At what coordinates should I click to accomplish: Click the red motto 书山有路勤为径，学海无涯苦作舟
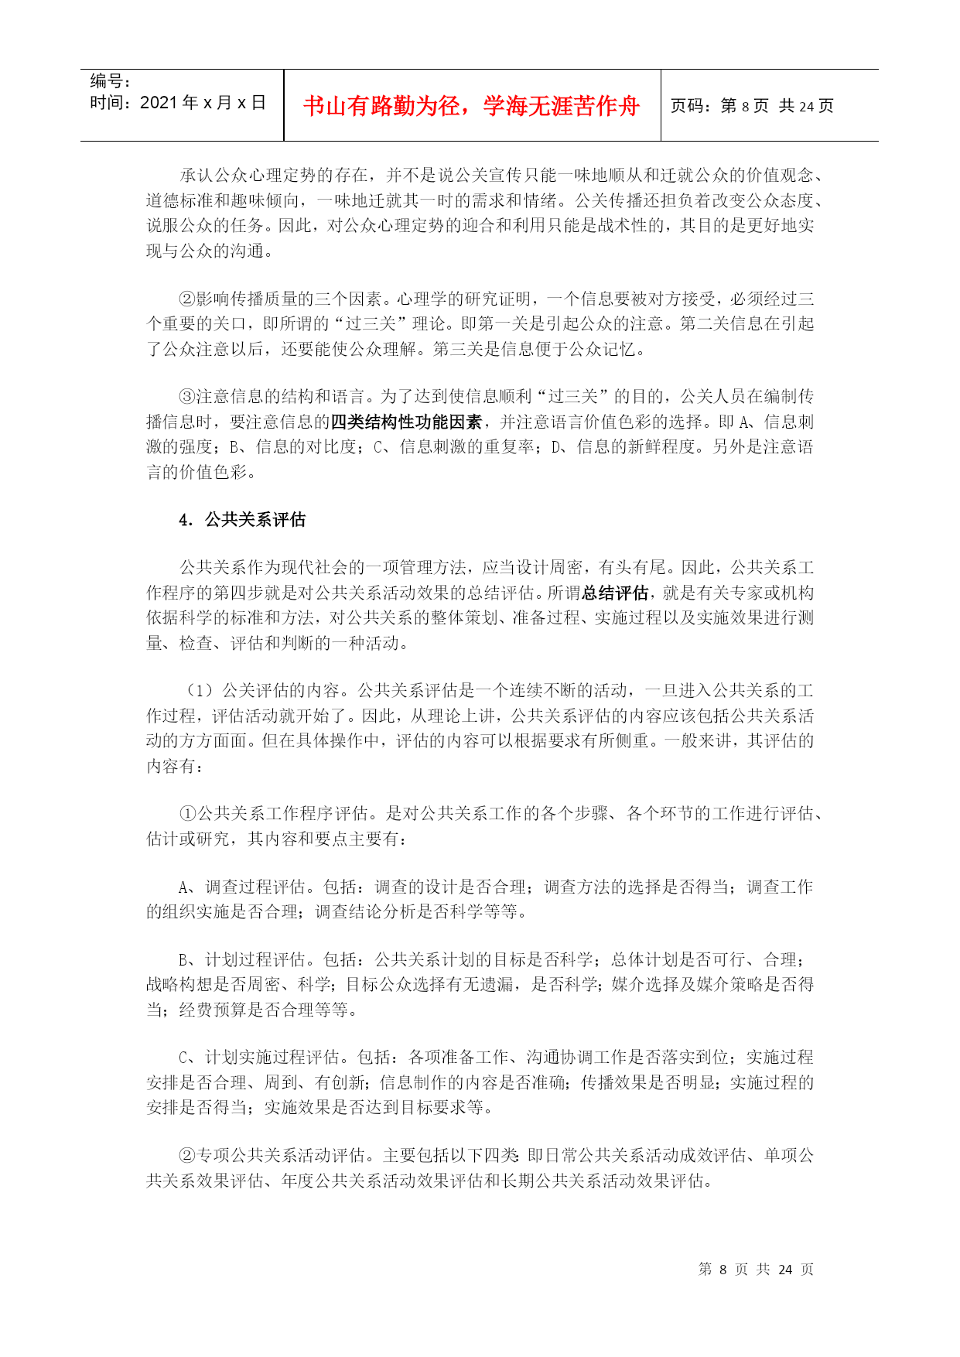point(471,106)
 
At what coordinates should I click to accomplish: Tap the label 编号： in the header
point(111,81)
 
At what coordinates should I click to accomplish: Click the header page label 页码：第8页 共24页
point(751,106)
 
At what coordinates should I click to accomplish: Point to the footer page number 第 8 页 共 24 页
point(755,1269)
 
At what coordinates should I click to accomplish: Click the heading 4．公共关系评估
point(242,520)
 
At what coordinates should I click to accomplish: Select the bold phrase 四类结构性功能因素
point(406,422)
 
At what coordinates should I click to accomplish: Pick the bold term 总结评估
point(614,593)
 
